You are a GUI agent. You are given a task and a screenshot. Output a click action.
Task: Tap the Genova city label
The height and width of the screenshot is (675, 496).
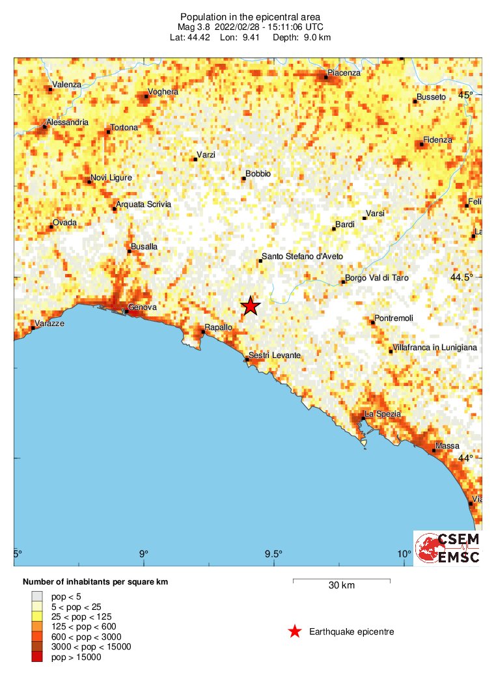click(x=143, y=307)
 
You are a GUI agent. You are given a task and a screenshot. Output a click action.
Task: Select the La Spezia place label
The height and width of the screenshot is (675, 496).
click(x=382, y=414)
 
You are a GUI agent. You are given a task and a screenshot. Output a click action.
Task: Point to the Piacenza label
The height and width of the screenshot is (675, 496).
click(x=344, y=73)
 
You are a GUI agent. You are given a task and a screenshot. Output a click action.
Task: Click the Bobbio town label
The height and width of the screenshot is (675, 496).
click(x=258, y=174)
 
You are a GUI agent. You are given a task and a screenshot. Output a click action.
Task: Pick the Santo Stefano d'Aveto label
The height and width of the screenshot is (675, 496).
click(x=302, y=256)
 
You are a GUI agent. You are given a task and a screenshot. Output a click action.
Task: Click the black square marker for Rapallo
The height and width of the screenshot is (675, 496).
click(x=203, y=332)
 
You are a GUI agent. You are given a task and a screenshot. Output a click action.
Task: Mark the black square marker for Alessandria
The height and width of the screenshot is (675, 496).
click(x=45, y=126)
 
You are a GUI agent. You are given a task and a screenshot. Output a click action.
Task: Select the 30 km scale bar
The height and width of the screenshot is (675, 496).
click(x=341, y=579)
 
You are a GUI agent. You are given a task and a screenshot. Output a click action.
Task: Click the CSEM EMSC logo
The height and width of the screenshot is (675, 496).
click(x=447, y=548)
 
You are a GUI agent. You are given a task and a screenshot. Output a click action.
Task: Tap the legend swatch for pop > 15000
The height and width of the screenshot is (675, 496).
click(x=37, y=657)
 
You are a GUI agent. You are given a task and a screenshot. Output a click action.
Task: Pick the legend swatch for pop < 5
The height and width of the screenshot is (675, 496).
click(x=37, y=596)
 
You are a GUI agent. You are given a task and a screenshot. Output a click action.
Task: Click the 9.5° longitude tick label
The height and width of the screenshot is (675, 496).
click(x=273, y=554)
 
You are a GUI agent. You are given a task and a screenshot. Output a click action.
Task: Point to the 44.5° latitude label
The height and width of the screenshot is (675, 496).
click(x=462, y=277)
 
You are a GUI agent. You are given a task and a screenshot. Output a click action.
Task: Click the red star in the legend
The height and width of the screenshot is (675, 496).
click(x=295, y=631)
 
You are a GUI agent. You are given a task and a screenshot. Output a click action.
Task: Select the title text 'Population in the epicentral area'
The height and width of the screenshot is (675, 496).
click(x=250, y=16)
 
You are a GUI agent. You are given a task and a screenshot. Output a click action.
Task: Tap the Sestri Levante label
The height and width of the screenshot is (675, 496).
click(x=275, y=355)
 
